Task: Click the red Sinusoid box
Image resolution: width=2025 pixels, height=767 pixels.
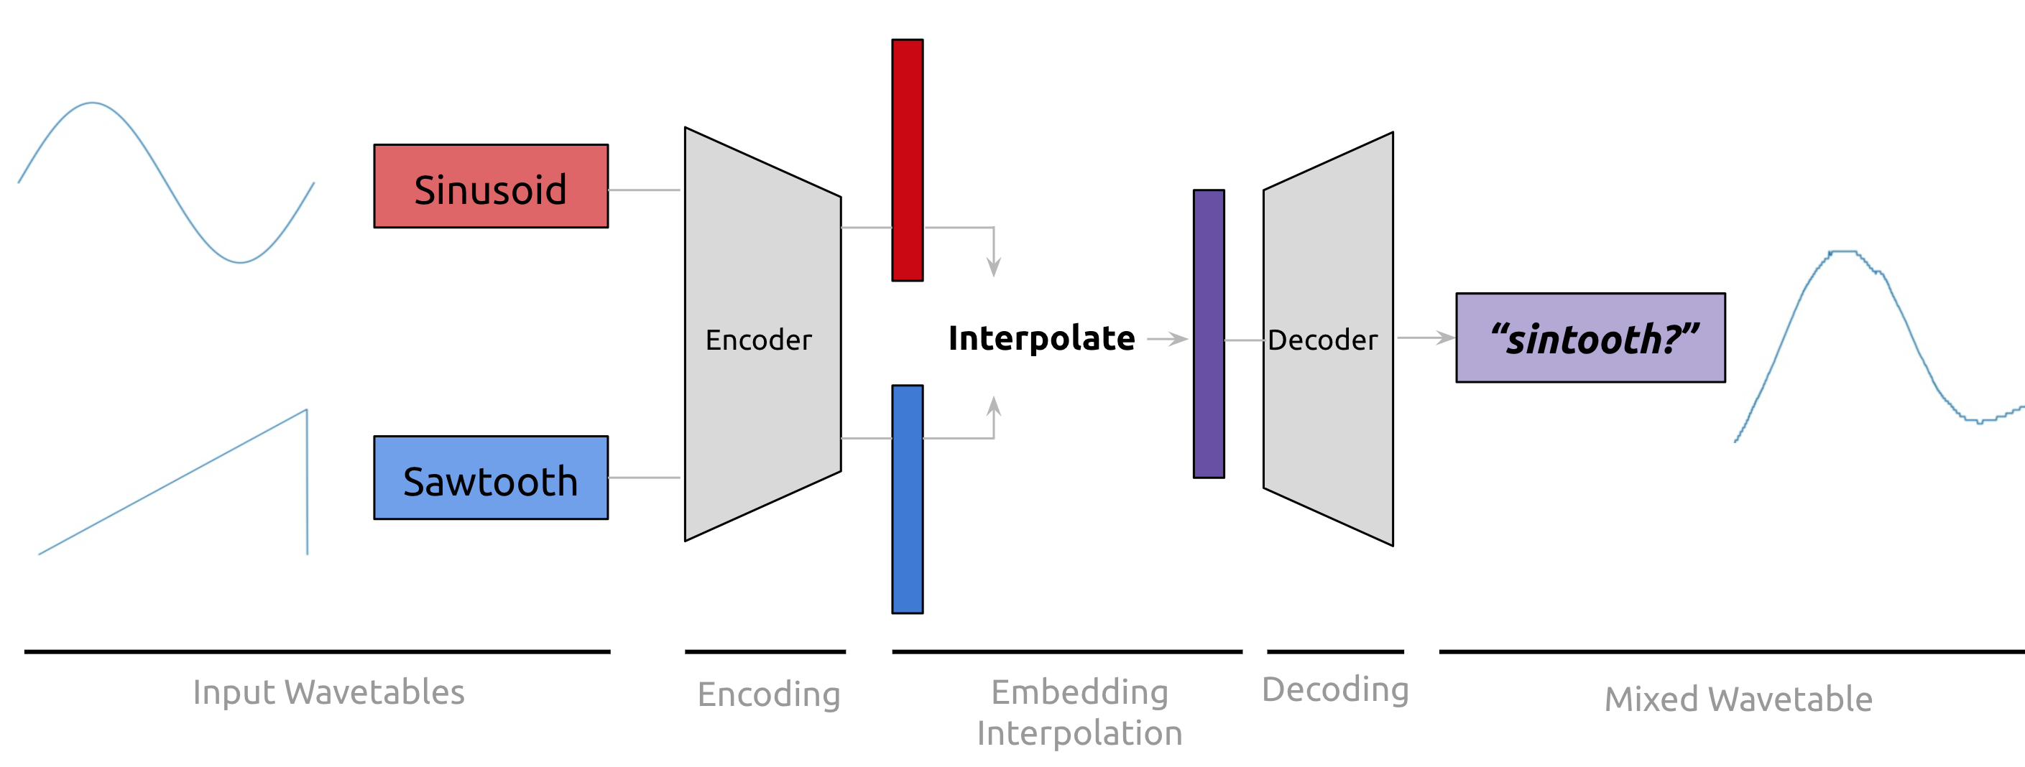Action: point(491,186)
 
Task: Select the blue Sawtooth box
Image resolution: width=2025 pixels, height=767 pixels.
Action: point(491,478)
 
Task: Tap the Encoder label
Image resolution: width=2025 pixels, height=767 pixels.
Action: point(758,340)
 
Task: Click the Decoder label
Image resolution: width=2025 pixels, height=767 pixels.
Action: point(1322,340)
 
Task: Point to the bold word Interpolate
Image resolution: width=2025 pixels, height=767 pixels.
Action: point(1041,339)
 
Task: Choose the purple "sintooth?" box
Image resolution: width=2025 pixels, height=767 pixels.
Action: point(1590,338)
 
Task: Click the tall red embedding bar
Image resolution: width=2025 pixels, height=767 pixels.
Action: point(907,160)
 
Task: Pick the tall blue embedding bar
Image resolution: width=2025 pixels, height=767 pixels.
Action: point(907,499)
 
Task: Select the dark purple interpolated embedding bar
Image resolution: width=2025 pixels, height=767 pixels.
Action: point(1208,334)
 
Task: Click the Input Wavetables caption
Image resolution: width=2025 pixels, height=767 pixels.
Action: point(328,693)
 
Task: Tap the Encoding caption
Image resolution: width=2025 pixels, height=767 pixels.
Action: point(769,694)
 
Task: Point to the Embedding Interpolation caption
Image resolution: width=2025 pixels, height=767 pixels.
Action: point(1079,712)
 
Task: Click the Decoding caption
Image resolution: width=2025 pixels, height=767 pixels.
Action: point(1335,690)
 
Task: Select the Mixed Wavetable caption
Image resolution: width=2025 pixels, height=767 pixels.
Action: point(1738,699)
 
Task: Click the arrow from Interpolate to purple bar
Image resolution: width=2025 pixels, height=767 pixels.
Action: point(1168,340)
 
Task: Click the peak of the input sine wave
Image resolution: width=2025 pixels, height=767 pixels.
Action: point(93,103)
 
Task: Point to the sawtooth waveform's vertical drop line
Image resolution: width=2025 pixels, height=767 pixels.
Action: point(307,481)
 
